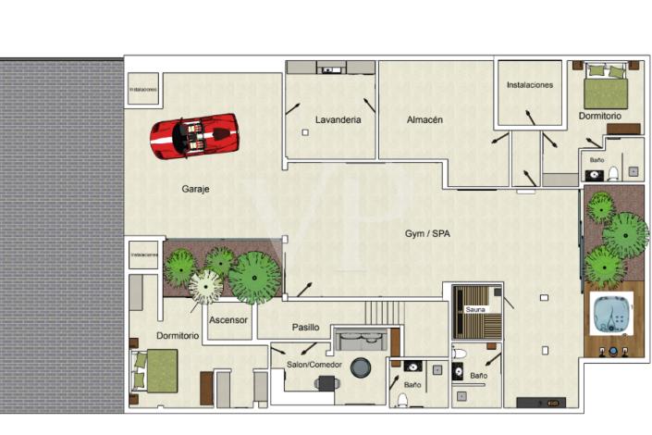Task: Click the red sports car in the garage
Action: click(x=194, y=136)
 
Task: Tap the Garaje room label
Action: click(x=195, y=189)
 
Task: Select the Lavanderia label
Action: click(x=338, y=119)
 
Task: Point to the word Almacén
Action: click(x=424, y=119)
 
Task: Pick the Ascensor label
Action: click(x=228, y=320)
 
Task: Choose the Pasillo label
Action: click(x=305, y=327)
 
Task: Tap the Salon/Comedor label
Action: click(x=314, y=365)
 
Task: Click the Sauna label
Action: click(x=475, y=310)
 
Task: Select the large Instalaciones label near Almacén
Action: click(x=529, y=85)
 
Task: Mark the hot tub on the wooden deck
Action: click(x=611, y=315)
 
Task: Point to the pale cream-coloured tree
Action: click(x=205, y=287)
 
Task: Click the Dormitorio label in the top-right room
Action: click(x=599, y=117)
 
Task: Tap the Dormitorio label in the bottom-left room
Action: click(x=177, y=335)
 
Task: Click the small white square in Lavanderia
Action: click(x=304, y=133)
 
